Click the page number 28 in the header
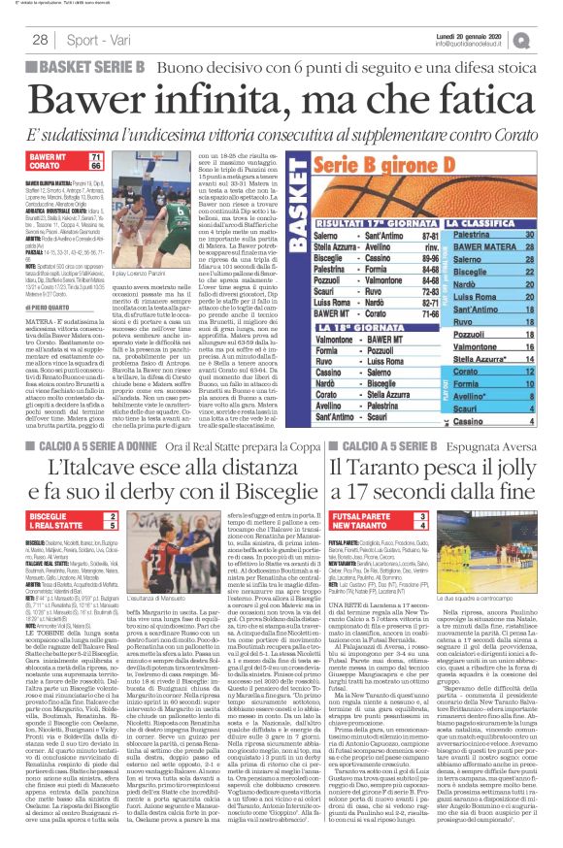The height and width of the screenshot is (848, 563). (x=41, y=40)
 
